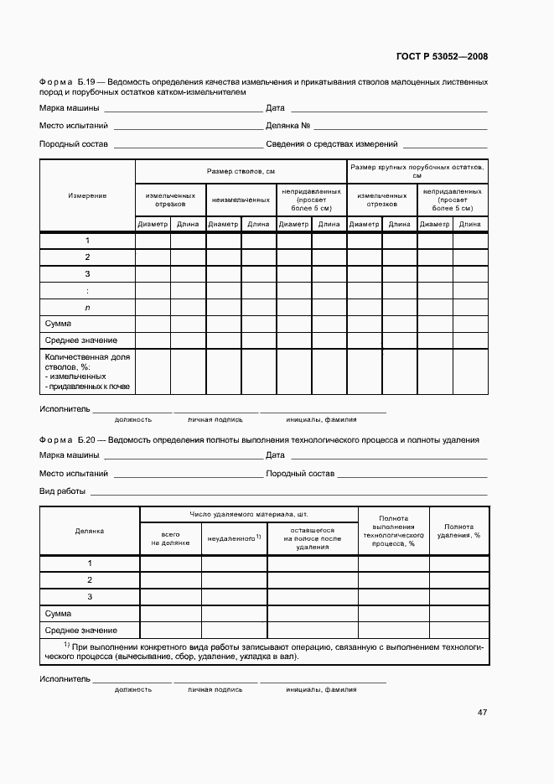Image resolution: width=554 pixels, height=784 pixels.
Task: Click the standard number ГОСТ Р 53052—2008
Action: tap(441, 57)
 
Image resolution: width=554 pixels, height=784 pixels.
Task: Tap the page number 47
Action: tap(482, 713)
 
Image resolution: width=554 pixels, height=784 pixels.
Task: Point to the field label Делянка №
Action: tap(288, 126)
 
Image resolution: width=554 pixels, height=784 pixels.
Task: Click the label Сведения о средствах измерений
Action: tap(331, 144)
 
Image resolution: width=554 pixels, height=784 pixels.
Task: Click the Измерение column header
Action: tap(87, 195)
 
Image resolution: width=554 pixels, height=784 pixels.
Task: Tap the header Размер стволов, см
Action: tap(241, 171)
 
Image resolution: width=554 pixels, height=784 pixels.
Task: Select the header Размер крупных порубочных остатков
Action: tap(417, 171)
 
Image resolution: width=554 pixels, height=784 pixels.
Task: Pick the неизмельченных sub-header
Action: tap(241, 200)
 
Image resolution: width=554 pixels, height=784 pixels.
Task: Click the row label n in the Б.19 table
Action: tap(87, 307)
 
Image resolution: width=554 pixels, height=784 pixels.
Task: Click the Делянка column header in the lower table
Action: tap(90, 531)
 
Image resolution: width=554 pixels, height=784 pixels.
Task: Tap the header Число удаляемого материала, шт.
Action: tap(248, 514)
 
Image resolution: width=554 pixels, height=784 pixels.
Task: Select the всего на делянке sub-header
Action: tap(170, 537)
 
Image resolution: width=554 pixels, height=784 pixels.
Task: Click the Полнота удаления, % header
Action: tap(458, 530)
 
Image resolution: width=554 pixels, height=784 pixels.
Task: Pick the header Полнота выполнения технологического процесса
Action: tap(393, 531)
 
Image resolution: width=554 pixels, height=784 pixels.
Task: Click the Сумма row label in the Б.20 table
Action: tap(59, 614)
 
